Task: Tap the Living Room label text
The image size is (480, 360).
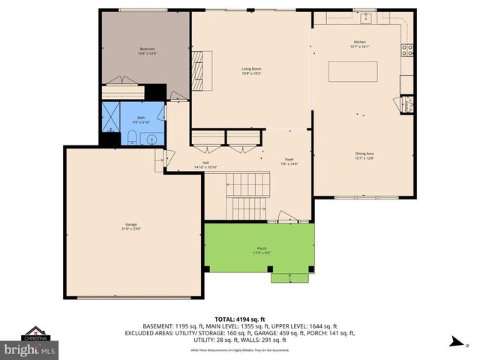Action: [251, 70]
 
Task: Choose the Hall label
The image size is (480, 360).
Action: [205, 164]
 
